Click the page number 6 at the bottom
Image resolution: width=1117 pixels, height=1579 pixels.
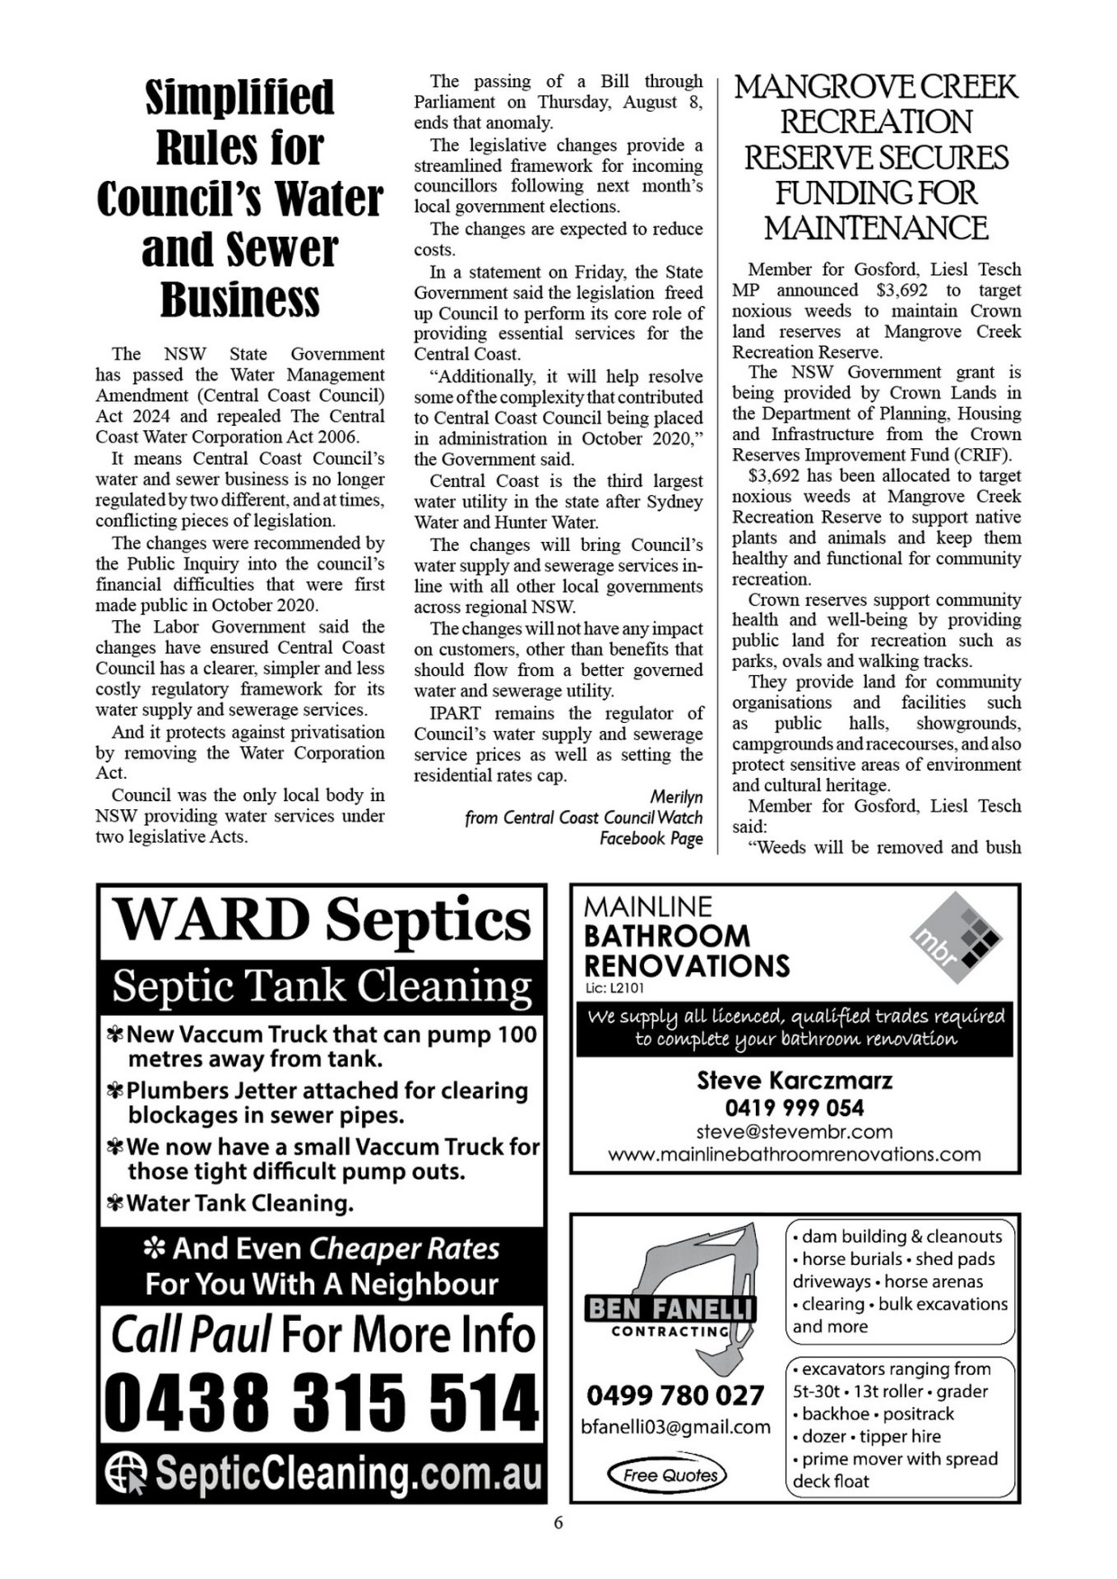click(x=558, y=1522)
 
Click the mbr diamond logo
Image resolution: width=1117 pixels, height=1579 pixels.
click(x=956, y=938)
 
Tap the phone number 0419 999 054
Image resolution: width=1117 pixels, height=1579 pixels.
click(x=795, y=1107)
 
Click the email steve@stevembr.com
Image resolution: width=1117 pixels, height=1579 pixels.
click(x=795, y=1132)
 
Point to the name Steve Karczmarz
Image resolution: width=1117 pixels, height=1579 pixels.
click(x=795, y=1080)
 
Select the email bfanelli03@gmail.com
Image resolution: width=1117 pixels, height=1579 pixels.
click(x=675, y=1427)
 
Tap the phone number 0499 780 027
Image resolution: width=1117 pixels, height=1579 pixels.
click(x=675, y=1396)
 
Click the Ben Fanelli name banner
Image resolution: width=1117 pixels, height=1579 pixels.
click(x=670, y=1308)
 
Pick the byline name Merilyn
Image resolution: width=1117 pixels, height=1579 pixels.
click(x=676, y=797)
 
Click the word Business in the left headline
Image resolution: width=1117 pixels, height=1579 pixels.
click(x=239, y=299)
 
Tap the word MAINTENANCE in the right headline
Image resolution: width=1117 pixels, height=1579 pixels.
click(x=876, y=228)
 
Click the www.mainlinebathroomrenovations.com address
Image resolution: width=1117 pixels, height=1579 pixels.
click(x=795, y=1154)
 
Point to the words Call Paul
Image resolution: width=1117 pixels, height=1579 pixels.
click(x=190, y=1335)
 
